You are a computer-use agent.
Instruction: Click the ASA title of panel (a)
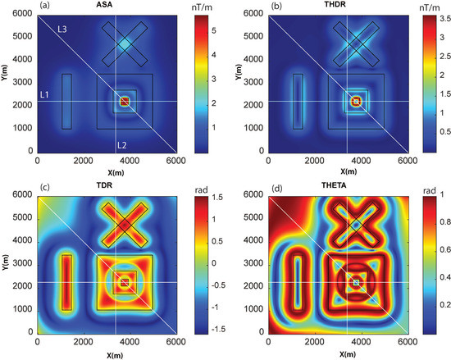pyautogui.click(x=107, y=6)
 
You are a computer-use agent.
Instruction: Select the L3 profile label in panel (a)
pyautogui.click(x=61, y=30)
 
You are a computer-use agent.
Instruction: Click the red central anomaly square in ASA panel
pyautogui.click(x=125, y=101)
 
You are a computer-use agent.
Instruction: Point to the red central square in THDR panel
pyautogui.click(x=356, y=101)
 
